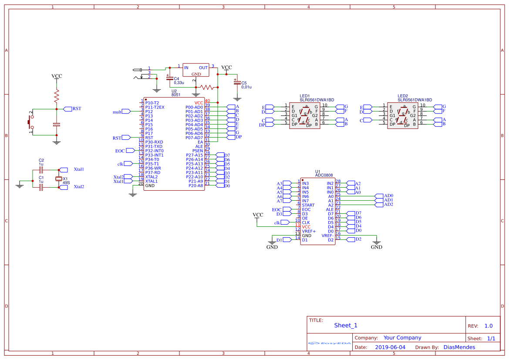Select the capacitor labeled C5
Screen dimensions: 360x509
point(237,82)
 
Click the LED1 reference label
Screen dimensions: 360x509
point(304,96)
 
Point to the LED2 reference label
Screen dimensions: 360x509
point(402,96)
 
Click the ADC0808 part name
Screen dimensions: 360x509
point(324,175)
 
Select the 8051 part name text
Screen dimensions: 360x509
point(176,94)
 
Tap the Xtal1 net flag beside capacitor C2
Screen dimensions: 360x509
point(64,169)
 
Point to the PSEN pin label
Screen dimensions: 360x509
point(198,151)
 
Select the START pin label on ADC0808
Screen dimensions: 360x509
point(308,205)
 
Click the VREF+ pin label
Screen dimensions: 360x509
point(309,231)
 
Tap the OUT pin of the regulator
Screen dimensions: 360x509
point(203,67)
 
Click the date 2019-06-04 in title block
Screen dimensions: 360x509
point(390,347)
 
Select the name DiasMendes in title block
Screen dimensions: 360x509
point(459,347)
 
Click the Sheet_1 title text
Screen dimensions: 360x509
point(346,325)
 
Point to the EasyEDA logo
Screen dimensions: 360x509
point(329,343)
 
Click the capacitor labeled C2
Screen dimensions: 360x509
point(41,169)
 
